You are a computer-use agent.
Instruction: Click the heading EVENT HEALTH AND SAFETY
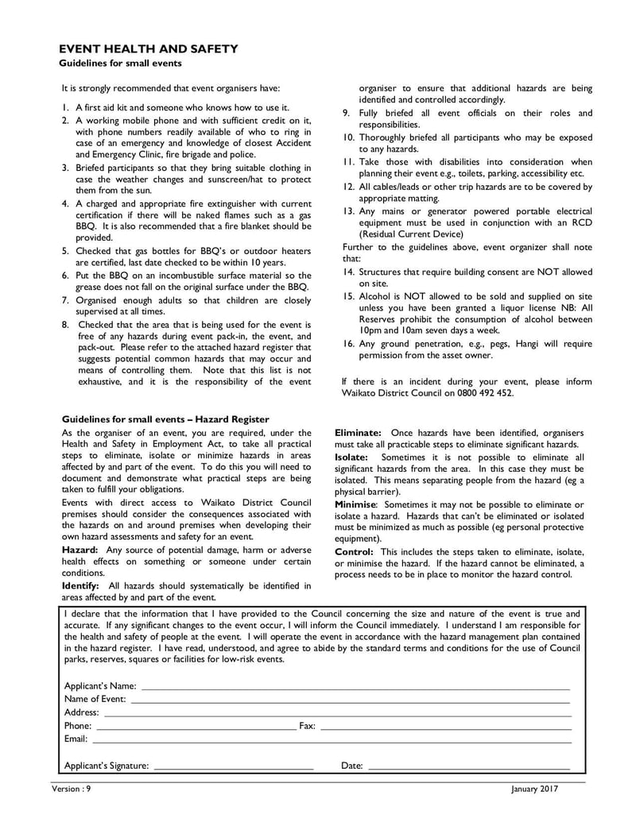[x=149, y=49]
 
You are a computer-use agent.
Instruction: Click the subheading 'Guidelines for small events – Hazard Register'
[x=165, y=419]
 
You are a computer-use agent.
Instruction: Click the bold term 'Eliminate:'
[x=358, y=432]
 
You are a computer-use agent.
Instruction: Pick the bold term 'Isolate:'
[x=351, y=457]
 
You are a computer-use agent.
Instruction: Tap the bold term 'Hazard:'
[x=80, y=550]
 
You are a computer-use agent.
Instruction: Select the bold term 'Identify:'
[x=80, y=586]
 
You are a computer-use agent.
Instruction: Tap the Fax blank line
[x=445, y=727]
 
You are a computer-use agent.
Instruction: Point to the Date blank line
[x=469, y=768]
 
